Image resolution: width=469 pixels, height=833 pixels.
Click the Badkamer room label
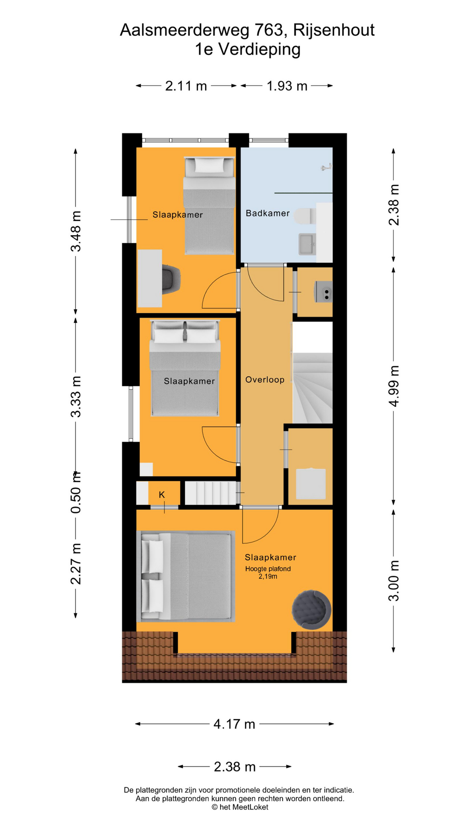(268, 213)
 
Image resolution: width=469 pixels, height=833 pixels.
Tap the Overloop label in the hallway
(265, 380)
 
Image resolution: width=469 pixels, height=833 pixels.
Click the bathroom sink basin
(307, 244)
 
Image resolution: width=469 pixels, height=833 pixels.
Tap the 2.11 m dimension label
(186, 86)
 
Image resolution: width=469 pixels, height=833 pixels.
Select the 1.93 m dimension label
(287, 86)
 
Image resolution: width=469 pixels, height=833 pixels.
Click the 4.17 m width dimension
(234, 724)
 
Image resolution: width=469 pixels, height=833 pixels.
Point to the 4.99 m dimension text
(393, 386)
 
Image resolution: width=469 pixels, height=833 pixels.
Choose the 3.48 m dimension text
(76, 231)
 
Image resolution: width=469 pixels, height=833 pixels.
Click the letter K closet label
(162, 495)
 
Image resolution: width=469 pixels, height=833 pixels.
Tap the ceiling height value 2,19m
(268, 577)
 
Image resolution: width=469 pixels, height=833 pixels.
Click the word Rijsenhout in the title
(334, 30)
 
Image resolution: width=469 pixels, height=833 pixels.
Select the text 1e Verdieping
(248, 49)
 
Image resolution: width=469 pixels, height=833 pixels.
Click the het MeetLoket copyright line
(240, 807)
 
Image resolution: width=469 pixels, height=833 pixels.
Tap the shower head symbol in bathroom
(326, 167)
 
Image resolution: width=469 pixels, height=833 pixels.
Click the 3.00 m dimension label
(393, 580)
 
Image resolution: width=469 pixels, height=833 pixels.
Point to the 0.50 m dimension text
(76, 493)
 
